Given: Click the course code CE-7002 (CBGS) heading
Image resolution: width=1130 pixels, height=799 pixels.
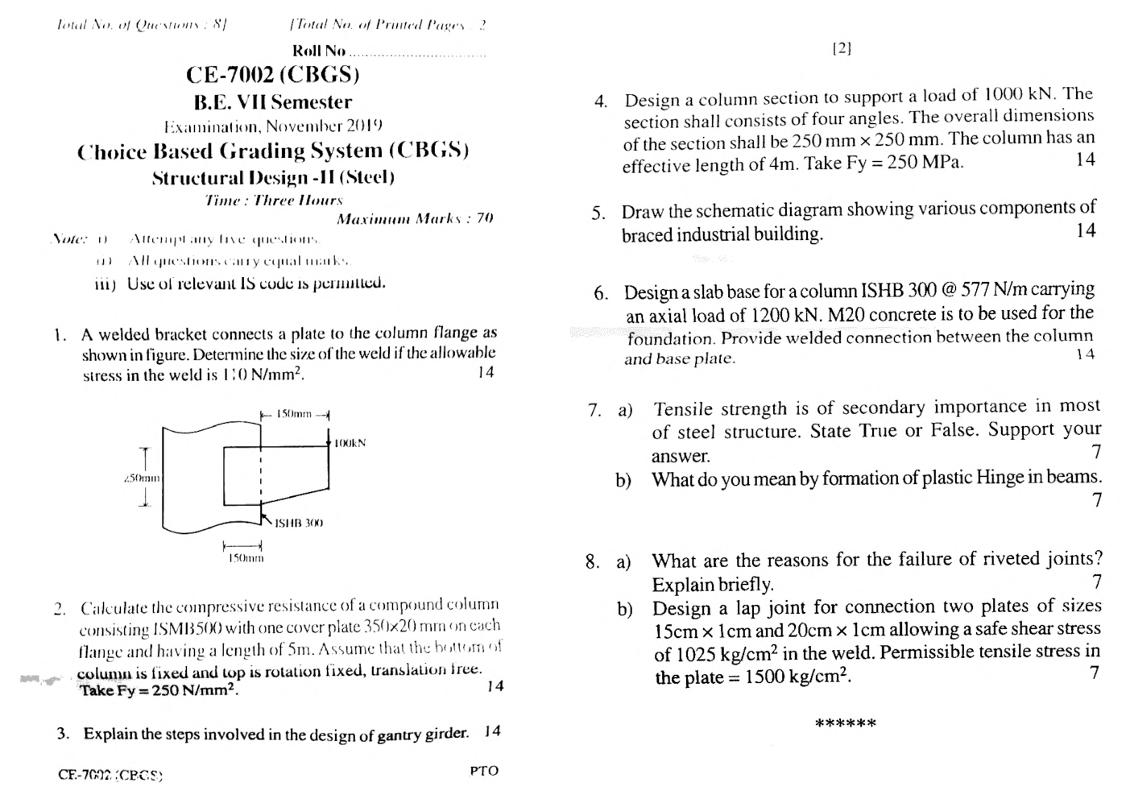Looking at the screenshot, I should pyautogui.click(x=272, y=75).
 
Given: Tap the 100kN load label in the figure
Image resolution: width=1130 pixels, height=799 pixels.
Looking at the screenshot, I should pyautogui.click(x=350, y=443).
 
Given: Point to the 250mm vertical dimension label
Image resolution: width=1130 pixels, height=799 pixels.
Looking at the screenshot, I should pyautogui.click(x=143, y=478).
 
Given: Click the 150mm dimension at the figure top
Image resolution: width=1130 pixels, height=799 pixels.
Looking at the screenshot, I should pyautogui.click(x=294, y=414).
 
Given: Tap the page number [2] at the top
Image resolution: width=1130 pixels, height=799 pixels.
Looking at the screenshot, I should pyautogui.click(x=841, y=48).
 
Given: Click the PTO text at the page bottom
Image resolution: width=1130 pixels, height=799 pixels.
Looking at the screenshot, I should pyautogui.click(x=484, y=771).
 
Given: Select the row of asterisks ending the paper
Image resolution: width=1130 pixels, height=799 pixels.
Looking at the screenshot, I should pyautogui.click(x=846, y=723).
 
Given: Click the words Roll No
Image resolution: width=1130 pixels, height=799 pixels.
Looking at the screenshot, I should pyautogui.click(x=318, y=51).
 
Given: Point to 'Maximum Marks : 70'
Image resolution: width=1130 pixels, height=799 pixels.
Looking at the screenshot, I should pyautogui.click(x=415, y=218).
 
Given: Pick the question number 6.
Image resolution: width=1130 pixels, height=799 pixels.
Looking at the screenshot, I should pyautogui.click(x=601, y=293).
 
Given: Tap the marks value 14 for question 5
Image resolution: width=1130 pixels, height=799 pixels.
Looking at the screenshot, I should pyautogui.click(x=1085, y=230).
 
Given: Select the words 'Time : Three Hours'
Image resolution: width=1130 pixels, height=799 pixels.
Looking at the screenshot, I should pyautogui.click(x=274, y=200).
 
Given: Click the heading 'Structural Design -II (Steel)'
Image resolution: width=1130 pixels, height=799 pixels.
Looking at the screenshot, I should pyautogui.click(x=273, y=177).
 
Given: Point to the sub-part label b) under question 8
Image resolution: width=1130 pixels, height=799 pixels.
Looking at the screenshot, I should pyautogui.click(x=624, y=609).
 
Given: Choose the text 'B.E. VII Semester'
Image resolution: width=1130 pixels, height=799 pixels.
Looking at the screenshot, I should pyautogui.click(x=272, y=102).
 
